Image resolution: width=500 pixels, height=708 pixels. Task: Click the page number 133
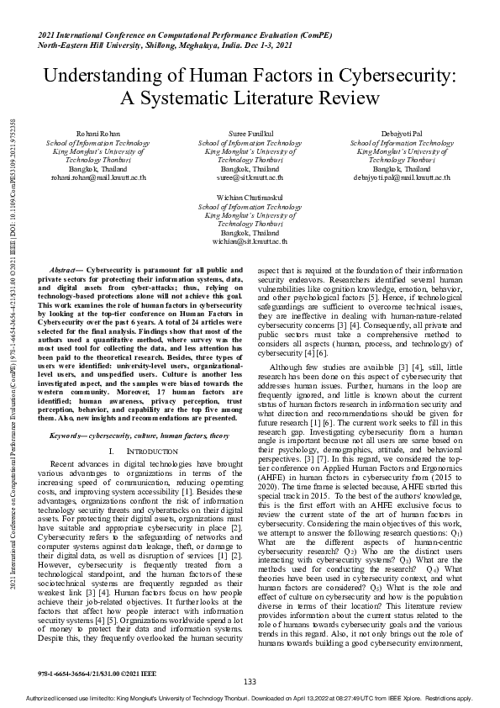pos(250,681)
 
